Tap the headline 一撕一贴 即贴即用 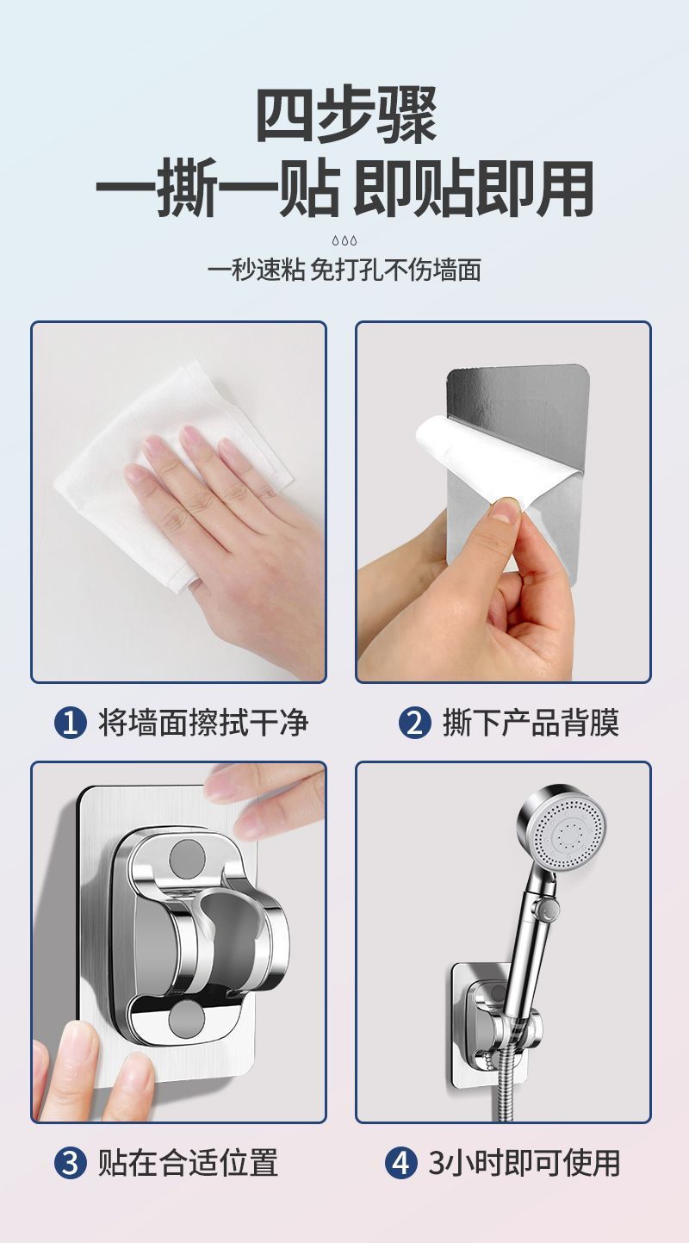coord(344,189)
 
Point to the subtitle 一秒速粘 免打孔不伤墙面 coord(344,270)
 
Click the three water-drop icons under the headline coord(344,241)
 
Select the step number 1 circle coord(71,723)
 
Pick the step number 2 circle coord(415,723)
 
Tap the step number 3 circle coord(71,1162)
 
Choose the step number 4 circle coord(401,1162)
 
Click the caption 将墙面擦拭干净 coord(203,723)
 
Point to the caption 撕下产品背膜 coord(531,723)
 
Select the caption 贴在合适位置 coord(188,1162)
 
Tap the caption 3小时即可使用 coord(524,1162)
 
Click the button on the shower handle coord(549,908)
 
